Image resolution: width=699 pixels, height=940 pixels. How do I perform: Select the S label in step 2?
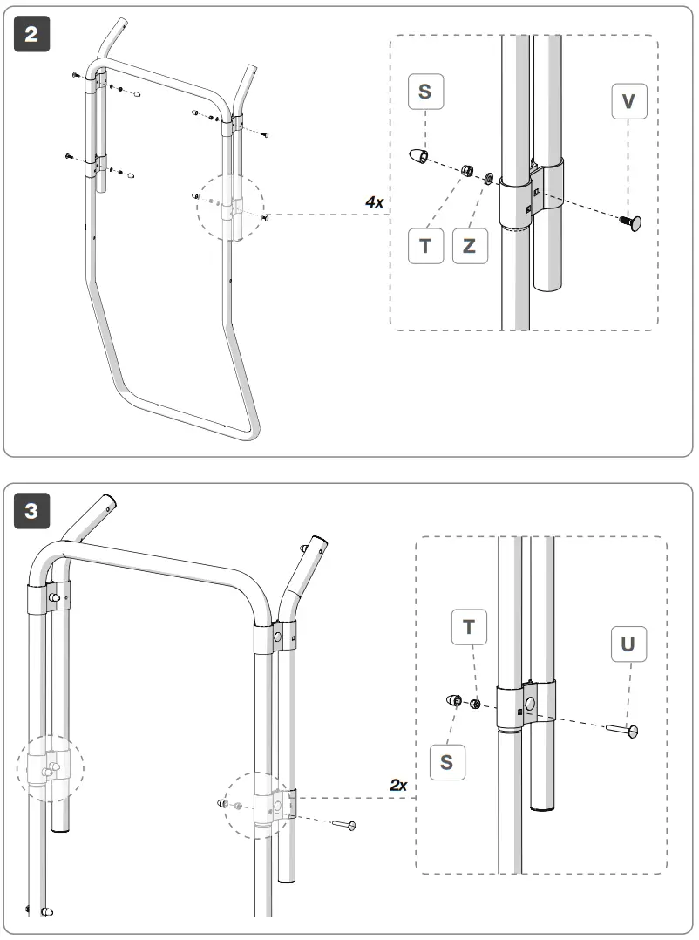coord(424,91)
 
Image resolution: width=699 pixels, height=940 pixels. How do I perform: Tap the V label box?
coord(628,103)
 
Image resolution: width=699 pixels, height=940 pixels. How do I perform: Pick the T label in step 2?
coord(425,245)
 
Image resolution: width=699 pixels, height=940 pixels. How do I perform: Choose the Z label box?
coord(470,245)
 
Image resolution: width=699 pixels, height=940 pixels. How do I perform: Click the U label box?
coord(628,644)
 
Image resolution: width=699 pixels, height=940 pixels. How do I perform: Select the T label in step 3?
coord(469,627)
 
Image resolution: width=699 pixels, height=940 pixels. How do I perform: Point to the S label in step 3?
coord(446,761)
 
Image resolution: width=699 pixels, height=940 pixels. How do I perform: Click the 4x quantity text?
coord(375,201)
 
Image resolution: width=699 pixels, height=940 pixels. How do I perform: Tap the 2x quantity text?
coord(398,785)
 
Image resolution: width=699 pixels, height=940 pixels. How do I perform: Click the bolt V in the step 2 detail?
coord(630,223)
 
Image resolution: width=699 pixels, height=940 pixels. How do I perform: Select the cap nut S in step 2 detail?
coord(420,156)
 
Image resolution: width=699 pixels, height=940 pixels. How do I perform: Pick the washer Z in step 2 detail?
coord(489,178)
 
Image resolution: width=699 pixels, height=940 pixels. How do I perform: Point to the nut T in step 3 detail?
coord(476,704)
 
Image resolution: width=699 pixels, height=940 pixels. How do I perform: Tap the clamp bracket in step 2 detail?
coord(530,194)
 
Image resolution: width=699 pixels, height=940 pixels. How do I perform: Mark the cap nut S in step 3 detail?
coord(454,699)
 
